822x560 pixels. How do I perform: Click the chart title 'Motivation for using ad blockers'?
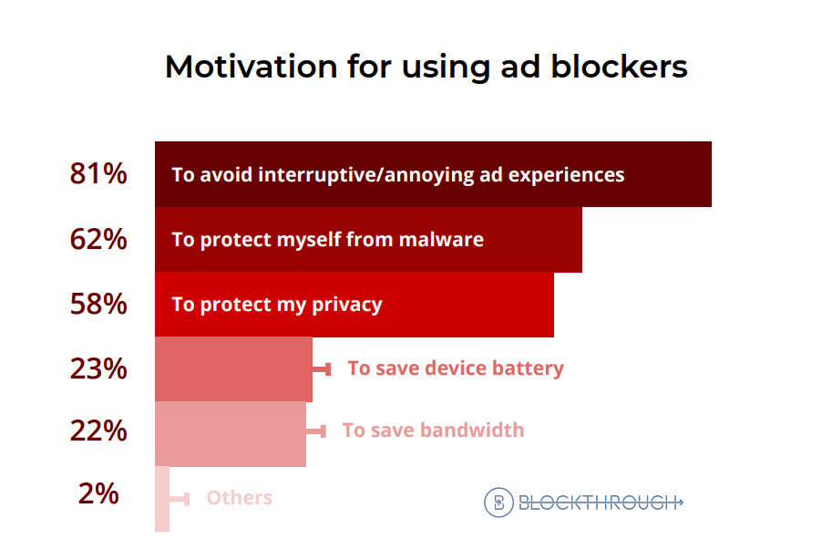(x=426, y=67)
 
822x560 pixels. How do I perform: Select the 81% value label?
(x=98, y=173)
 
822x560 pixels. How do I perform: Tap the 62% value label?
(x=98, y=239)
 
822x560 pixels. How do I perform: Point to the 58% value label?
(x=98, y=304)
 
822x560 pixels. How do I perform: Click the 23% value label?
(x=98, y=368)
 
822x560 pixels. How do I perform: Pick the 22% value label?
(x=98, y=430)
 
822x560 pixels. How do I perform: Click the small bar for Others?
(x=162, y=499)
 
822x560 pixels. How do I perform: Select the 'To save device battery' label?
(x=456, y=368)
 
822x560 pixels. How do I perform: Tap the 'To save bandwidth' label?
(x=433, y=430)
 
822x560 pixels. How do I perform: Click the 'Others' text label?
(x=239, y=498)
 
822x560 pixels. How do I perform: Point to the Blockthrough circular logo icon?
(x=498, y=502)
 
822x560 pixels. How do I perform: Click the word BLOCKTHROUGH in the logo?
(x=600, y=502)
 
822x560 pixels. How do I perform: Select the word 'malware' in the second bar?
(x=444, y=239)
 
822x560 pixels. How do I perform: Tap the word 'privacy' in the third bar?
(x=345, y=304)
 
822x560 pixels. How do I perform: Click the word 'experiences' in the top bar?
(x=572, y=174)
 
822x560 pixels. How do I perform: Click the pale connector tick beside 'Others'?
(x=180, y=499)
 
